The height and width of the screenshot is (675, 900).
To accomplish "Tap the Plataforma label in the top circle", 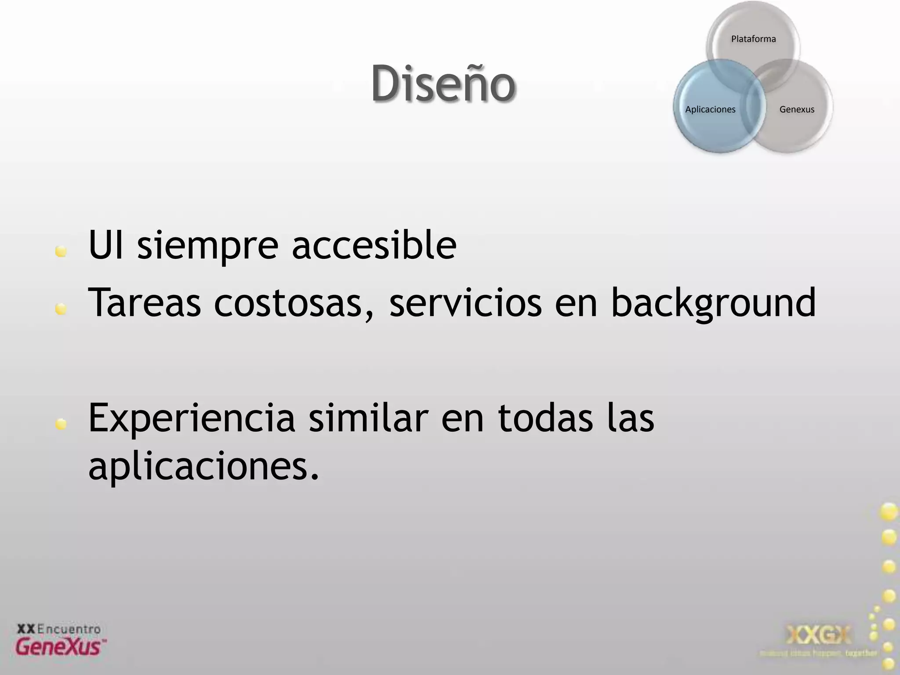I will pos(753,39).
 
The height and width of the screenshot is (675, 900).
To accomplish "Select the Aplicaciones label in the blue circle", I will pos(710,109).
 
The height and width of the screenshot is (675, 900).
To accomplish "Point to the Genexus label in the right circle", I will pos(797,109).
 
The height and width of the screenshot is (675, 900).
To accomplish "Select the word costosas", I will pos(294,303).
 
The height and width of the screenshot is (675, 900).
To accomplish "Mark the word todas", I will pos(545,417).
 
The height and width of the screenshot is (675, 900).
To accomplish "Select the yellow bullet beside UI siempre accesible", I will pos(61,251).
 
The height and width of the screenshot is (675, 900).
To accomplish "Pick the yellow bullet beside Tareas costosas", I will pos(61,309).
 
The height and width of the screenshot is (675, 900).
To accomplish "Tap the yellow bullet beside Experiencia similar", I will pos(61,424).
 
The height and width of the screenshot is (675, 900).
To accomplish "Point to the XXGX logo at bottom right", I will pos(818,635).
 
